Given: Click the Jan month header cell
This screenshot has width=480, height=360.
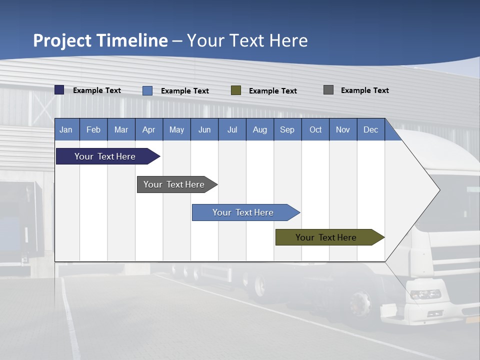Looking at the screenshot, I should tap(66, 129).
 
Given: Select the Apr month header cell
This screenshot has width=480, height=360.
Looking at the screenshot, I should tap(149, 129).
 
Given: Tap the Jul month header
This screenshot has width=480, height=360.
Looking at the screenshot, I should tap(232, 129).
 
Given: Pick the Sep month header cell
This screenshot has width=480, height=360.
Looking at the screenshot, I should tap(287, 129).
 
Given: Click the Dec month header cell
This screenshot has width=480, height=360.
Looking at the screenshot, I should tap(370, 129).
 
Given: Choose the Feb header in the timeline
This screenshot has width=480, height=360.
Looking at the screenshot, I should tap(93, 129).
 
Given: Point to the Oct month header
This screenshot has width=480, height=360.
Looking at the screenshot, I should tap(315, 129).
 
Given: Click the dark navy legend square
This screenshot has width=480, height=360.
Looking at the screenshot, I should tap(59, 90).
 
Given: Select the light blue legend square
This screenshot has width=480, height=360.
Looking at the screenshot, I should tap(147, 90).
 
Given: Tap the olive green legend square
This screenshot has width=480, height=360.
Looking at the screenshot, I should tap(236, 90).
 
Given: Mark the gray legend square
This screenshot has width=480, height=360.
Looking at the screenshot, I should tap(328, 90).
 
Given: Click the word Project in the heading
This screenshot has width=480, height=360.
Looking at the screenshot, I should tap(62, 40).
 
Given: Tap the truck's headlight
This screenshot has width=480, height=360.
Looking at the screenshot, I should tap(425, 294).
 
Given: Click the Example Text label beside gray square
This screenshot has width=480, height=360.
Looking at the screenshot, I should tap(364, 90).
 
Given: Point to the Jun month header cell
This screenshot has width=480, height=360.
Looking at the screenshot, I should tap(204, 129).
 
